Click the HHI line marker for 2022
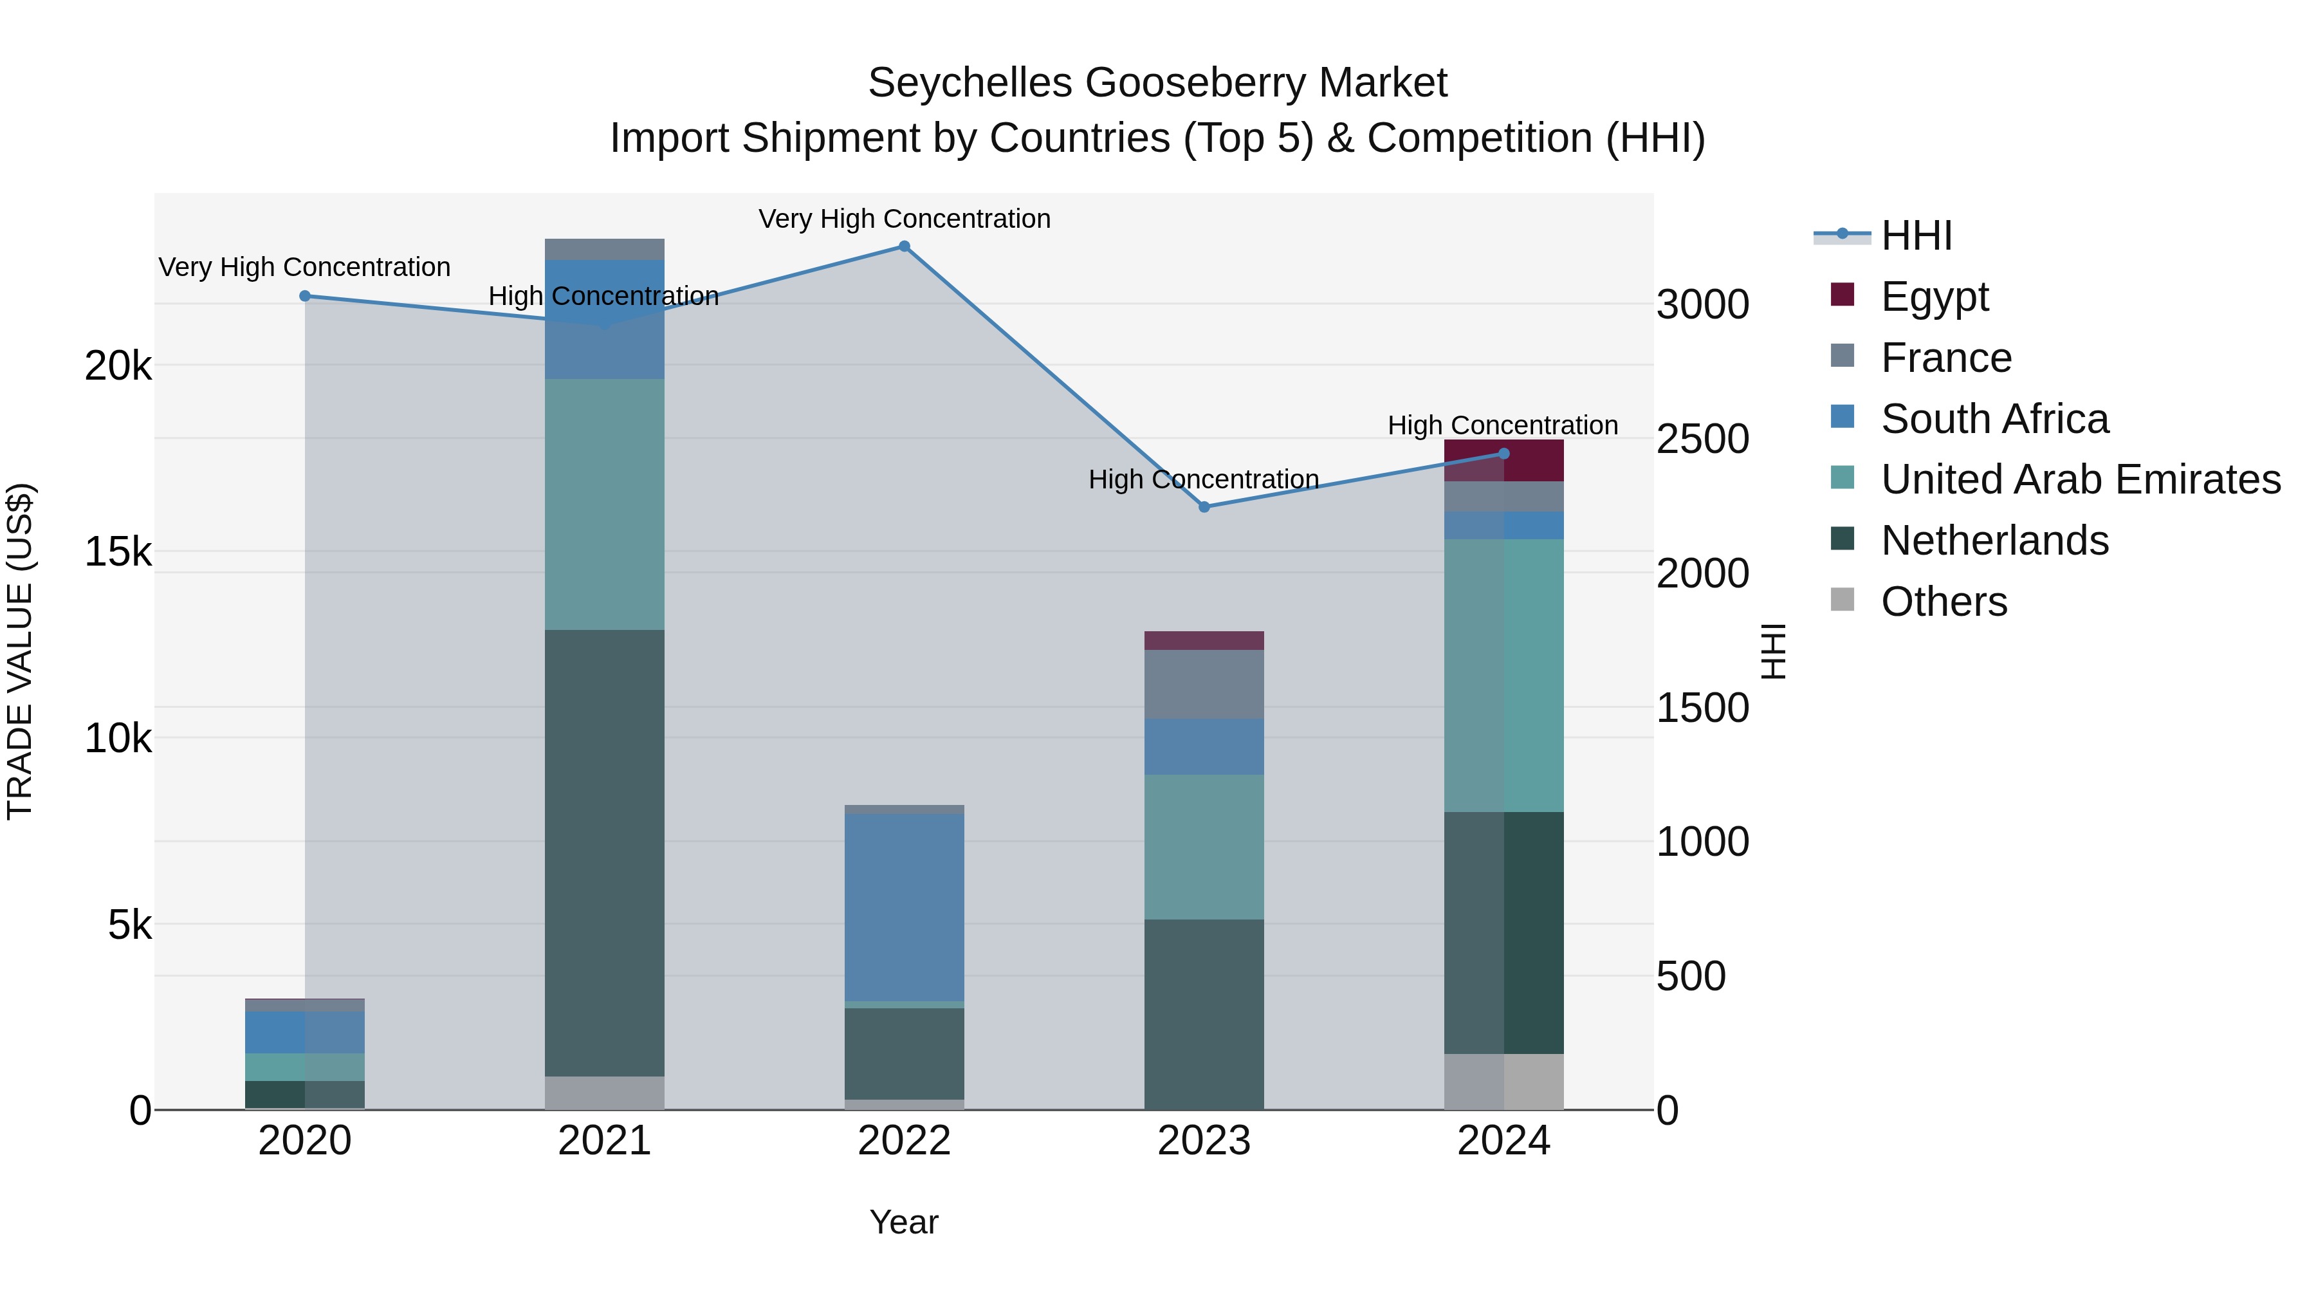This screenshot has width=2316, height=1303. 905,246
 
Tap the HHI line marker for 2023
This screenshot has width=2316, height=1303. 1205,507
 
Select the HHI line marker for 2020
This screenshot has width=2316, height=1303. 305,296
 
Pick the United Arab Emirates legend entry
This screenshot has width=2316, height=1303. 2079,480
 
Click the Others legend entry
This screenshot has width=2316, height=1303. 1943,602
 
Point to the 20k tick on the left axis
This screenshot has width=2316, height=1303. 118,367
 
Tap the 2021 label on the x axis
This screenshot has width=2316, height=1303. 604,1141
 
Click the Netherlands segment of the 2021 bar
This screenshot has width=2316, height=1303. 604,853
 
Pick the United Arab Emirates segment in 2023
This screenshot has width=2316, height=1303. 1204,846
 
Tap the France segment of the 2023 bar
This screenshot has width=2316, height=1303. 1204,683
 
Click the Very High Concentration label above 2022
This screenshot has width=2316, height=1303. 905,219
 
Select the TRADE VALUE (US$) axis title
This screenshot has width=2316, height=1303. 21,651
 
